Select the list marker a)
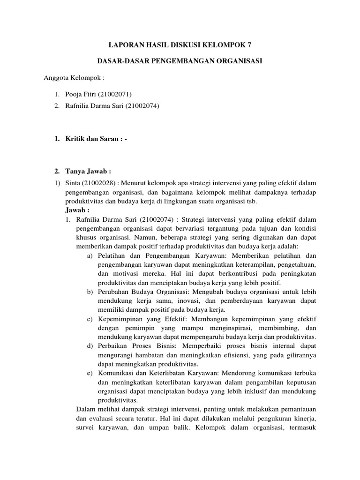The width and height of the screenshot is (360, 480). (90, 255)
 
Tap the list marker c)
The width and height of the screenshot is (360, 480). (90, 319)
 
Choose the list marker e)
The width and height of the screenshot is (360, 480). (90, 374)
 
